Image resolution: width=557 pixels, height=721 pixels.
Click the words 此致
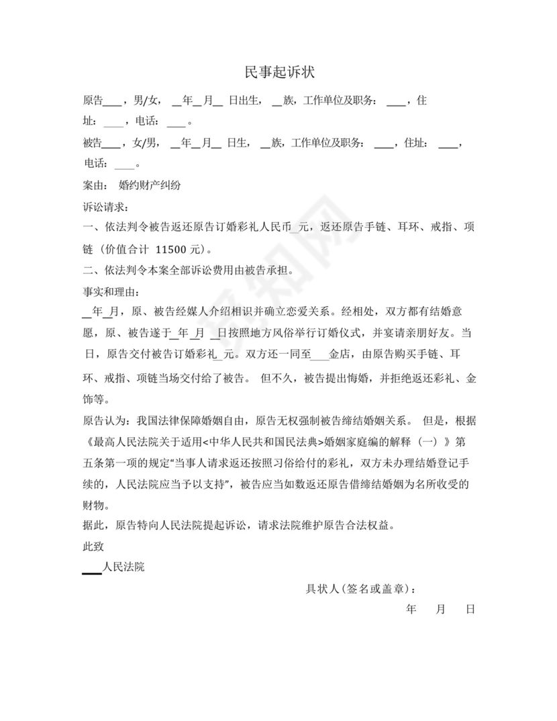pyautogui.click(x=93, y=546)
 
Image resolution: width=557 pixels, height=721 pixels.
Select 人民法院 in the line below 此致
pyautogui.click(x=123, y=567)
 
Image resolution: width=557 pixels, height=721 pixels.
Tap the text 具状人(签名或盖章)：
pyautogui.click(x=360, y=589)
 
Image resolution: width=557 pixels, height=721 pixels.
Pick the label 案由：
pyautogui.click(x=95, y=184)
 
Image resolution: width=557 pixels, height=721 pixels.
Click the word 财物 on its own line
pyautogui.click(x=93, y=504)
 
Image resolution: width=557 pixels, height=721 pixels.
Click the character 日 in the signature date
pyautogui.click(x=470, y=610)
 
